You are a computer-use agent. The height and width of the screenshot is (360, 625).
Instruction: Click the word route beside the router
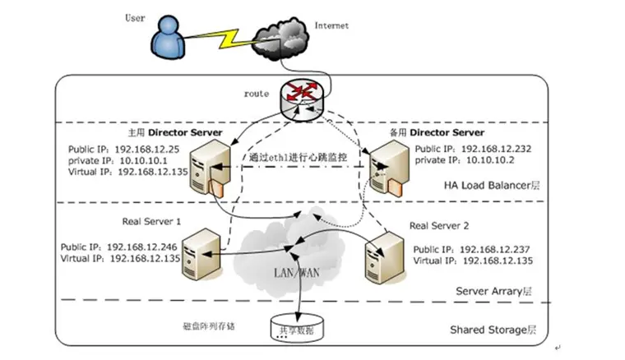point(256,94)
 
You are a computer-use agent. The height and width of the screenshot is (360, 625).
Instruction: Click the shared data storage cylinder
point(294,327)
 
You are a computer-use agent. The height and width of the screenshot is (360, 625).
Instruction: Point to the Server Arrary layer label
point(494,291)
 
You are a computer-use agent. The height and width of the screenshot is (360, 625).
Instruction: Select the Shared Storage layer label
point(493,330)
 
